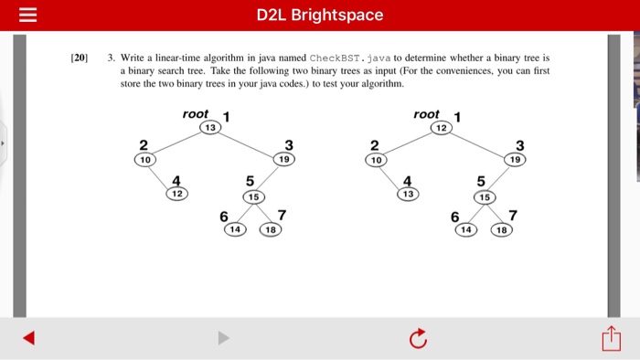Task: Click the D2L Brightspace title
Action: pyautogui.click(x=320, y=16)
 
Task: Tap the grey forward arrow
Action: pyautogui.click(x=223, y=339)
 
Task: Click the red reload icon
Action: pyautogui.click(x=418, y=339)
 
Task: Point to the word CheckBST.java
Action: pyautogui.click(x=337, y=58)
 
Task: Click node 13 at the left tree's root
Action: pyautogui.click(x=210, y=128)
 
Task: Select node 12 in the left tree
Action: pyautogui.click(x=176, y=194)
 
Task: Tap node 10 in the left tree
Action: pyautogui.click(x=144, y=159)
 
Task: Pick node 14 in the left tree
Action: pyautogui.click(x=235, y=229)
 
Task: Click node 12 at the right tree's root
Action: pyautogui.click(x=442, y=128)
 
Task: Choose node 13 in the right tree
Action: pyautogui.click(x=407, y=194)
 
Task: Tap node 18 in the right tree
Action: pyautogui.click(x=502, y=229)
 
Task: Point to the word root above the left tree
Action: pyautogui.click(x=196, y=114)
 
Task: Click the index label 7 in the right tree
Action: pyautogui.click(x=512, y=216)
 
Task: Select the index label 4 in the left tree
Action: pyautogui.click(x=176, y=180)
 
